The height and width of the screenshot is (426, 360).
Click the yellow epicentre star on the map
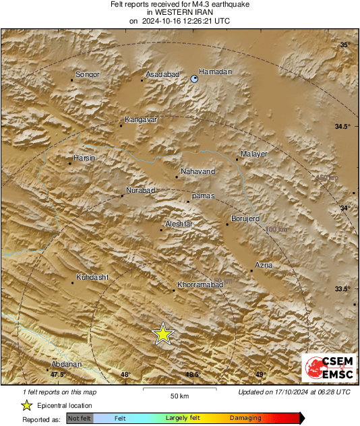tap(162, 334)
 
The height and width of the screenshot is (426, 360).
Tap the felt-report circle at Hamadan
tap(195, 80)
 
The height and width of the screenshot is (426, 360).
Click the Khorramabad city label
tap(200, 286)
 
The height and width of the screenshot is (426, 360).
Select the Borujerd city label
tap(245, 218)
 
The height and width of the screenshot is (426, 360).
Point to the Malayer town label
tap(254, 154)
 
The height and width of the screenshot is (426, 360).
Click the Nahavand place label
tap(198, 171)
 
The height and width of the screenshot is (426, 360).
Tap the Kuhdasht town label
tap(92, 277)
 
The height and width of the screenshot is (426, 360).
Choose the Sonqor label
tap(88, 74)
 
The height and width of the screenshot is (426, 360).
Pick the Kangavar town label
tap(141, 119)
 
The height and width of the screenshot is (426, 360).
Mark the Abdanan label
tap(66, 365)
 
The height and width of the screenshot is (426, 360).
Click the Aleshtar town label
tap(179, 224)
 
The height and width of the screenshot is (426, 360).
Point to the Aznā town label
tap(264, 265)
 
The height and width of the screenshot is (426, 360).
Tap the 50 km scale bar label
tap(179, 395)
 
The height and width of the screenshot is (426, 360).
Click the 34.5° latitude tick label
tap(344, 127)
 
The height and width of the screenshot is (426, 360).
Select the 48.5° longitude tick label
tap(193, 375)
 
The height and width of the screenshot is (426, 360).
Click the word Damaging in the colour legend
tap(245, 418)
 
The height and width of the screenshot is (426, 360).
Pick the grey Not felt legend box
tap(80, 419)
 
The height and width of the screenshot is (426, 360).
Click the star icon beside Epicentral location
tap(26, 405)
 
